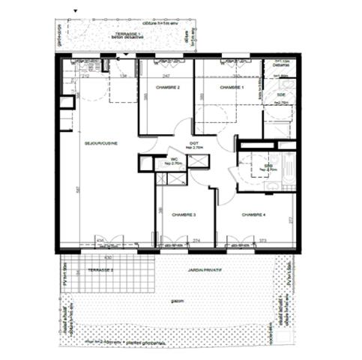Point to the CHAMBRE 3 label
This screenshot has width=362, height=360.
(184, 215)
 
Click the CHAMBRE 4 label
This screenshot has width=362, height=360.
(253, 215)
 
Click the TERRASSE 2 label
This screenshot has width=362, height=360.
(98, 268)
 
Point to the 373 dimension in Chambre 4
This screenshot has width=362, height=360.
(263, 241)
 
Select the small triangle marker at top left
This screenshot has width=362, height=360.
(73, 11)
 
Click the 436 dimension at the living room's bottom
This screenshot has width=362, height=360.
(99, 241)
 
